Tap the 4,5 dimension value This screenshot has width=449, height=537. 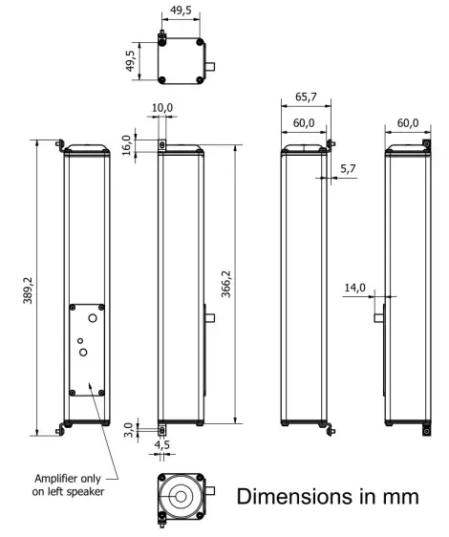click(x=161, y=443)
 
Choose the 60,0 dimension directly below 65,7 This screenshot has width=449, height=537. click(x=305, y=122)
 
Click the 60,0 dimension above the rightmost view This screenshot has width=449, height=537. click(x=409, y=122)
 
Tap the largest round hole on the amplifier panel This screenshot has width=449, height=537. click(x=85, y=353)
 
